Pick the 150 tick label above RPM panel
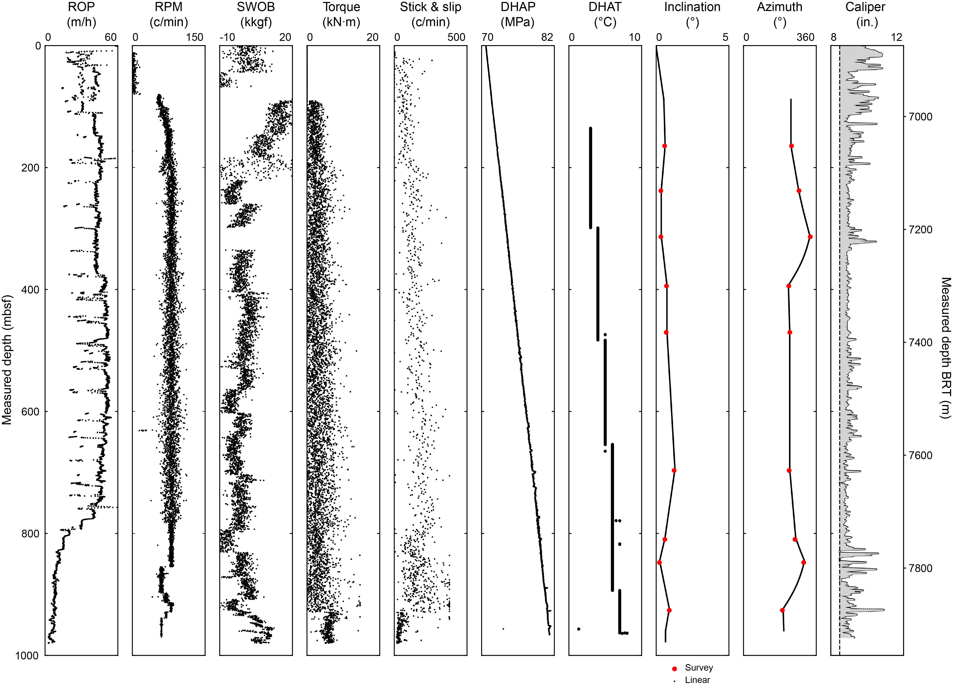coord(194,37)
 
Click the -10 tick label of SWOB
coord(227,37)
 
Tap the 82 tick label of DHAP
coord(547,37)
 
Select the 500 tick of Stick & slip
coord(456,37)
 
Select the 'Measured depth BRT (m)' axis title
coord(945,348)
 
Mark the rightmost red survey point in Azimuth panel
coord(810,237)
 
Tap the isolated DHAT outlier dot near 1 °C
coord(579,629)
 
